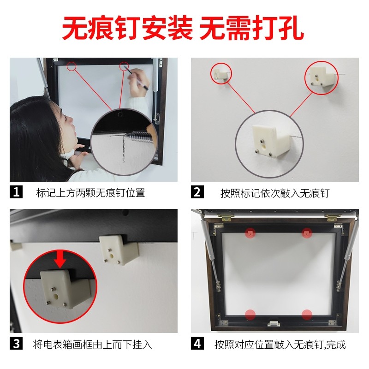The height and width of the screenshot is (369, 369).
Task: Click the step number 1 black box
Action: click(x=16, y=192)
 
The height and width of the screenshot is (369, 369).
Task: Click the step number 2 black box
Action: click(x=197, y=192)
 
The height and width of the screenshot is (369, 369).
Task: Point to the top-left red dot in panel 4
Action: click(x=250, y=232)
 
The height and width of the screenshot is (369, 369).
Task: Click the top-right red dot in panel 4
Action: click(x=307, y=232)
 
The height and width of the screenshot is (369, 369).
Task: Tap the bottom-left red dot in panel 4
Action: click(x=250, y=315)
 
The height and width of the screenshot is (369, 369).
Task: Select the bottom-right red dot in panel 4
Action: click(x=307, y=315)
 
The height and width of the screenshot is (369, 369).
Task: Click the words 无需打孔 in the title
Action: click(x=251, y=29)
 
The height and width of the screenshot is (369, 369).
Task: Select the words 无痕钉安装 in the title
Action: click(x=127, y=29)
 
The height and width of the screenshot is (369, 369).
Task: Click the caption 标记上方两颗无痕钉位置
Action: click(x=90, y=193)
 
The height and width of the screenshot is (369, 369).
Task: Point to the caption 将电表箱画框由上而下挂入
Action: click(x=92, y=345)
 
